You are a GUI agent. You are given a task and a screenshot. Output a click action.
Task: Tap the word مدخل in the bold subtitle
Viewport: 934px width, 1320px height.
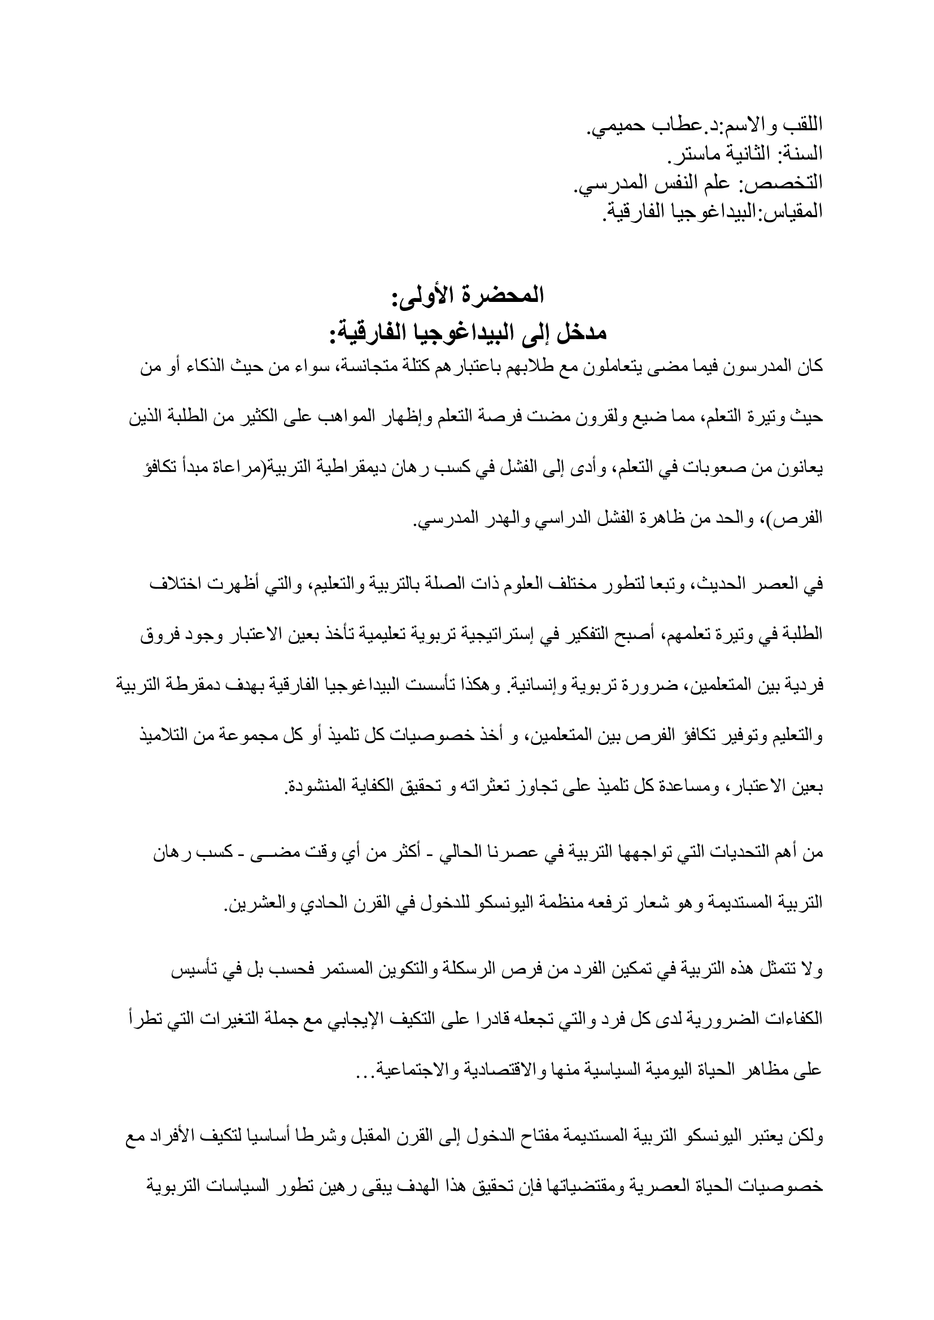pos(570,333)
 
